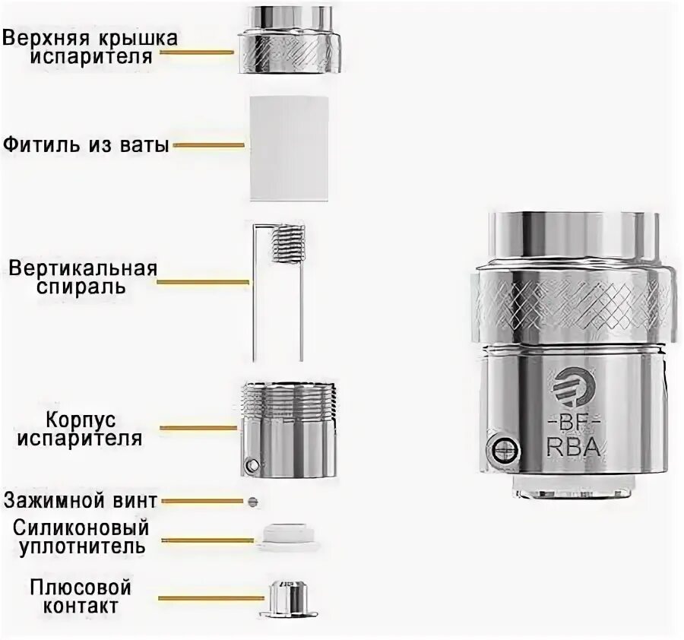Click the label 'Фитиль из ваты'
85,144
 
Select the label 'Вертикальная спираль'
83,278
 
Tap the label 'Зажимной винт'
80,501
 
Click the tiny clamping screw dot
253,502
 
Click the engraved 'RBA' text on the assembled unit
574,447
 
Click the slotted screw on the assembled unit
502,449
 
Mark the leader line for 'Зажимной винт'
201,502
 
